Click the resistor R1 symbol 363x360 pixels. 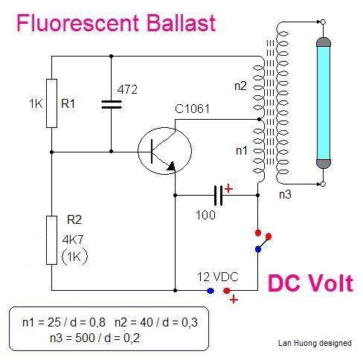click(x=51, y=103)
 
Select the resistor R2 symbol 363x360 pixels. click(x=51, y=240)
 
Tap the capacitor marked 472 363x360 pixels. click(x=112, y=104)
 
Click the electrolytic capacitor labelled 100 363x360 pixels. click(x=218, y=196)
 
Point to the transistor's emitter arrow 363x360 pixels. click(x=171, y=167)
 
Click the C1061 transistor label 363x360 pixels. click(x=192, y=109)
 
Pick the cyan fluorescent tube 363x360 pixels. click(x=324, y=103)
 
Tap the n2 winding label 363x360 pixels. click(x=240, y=86)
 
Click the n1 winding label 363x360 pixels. click(x=242, y=150)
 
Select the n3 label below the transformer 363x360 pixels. click(x=285, y=194)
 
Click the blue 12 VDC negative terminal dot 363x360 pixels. click(x=211, y=291)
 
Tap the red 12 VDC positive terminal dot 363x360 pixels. click(x=227, y=291)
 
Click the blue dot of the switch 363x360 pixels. click(x=258, y=249)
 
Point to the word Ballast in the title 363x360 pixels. click(x=181, y=23)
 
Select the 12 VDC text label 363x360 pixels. click(x=218, y=277)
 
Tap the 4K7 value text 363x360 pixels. click(x=73, y=240)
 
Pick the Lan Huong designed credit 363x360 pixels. click(x=315, y=343)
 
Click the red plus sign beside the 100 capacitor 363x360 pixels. click(x=228, y=189)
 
